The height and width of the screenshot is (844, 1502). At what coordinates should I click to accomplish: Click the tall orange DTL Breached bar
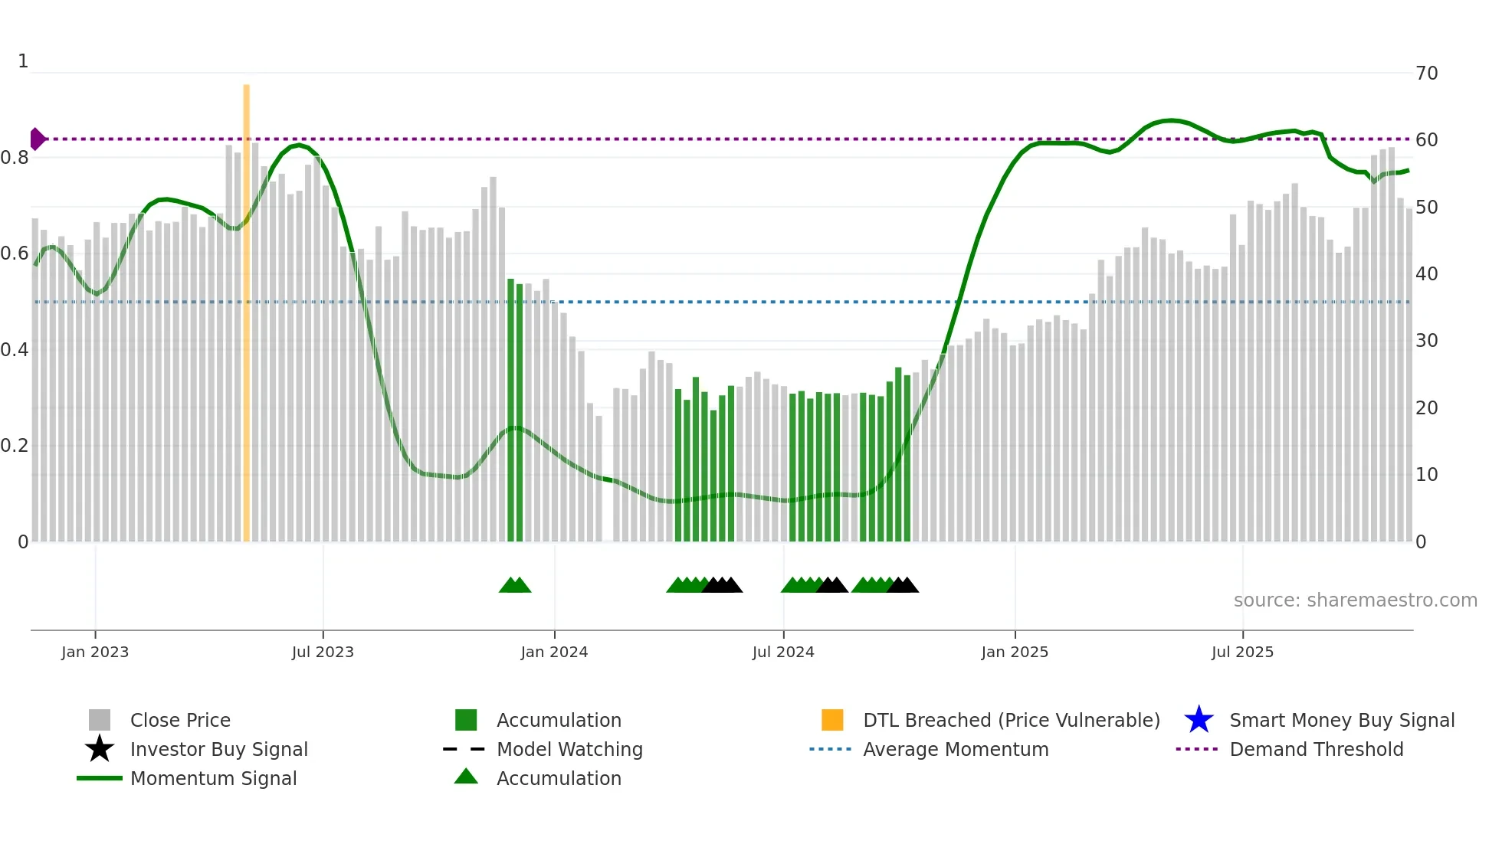tap(246, 314)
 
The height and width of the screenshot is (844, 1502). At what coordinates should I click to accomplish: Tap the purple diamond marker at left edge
tap(37, 139)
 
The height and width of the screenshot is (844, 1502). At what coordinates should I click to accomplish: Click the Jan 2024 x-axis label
tap(554, 652)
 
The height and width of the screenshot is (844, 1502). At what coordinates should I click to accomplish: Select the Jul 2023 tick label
tap(323, 652)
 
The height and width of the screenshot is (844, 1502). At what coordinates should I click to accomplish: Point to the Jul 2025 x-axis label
tap(1242, 652)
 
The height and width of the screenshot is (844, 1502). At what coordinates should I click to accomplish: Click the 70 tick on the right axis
tap(1426, 74)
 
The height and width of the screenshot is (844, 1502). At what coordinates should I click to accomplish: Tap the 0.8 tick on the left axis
tap(15, 158)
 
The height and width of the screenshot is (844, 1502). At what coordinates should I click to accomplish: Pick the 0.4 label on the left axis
tap(15, 350)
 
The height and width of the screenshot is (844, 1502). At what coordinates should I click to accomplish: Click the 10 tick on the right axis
tap(1426, 475)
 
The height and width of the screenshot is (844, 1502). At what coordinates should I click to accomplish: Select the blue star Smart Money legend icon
tap(1199, 720)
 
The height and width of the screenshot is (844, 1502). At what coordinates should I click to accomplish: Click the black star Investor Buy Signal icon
tap(100, 749)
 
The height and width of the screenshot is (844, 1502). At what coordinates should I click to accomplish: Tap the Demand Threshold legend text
tap(1316, 749)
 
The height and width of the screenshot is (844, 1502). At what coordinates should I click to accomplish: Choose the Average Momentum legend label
tap(956, 749)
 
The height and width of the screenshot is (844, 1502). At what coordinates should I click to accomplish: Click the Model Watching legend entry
tap(569, 749)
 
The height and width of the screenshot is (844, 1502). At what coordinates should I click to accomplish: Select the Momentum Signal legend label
tap(213, 778)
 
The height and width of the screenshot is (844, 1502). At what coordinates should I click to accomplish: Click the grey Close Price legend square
tap(100, 720)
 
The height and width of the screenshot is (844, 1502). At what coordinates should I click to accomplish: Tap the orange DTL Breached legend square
tap(832, 720)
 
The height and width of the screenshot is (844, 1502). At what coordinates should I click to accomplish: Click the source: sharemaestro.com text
tap(1355, 600)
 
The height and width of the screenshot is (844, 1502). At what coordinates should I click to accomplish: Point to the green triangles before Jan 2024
tap(515, 585)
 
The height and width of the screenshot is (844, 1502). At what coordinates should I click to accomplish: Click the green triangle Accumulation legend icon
tap(466, 777)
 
